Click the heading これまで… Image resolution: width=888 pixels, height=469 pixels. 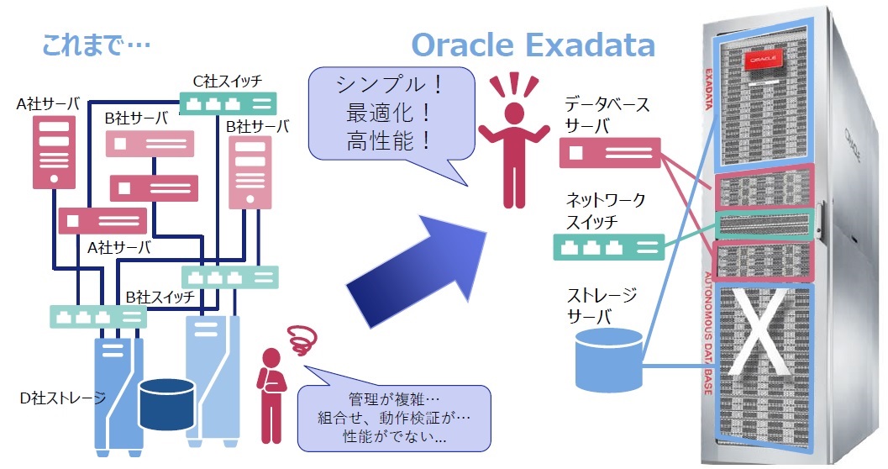click(94, 45)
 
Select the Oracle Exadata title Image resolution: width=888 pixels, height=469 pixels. click(533, 43)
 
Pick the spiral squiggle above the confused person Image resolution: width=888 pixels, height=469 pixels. click(299, 340)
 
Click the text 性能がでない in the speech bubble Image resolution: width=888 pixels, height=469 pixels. click(395, 437)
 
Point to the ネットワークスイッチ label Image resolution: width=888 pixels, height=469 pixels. click(605, 211)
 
